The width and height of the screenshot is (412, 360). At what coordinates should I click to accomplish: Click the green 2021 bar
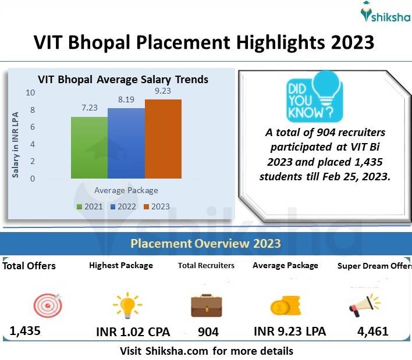89,147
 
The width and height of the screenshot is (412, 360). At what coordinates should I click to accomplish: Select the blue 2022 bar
126,143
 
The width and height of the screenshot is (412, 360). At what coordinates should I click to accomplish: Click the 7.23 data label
89,108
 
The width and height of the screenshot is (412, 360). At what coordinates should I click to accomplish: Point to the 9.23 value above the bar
163,91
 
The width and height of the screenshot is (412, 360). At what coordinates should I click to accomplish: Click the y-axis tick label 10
30,92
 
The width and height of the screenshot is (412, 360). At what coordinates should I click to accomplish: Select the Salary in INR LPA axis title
16,137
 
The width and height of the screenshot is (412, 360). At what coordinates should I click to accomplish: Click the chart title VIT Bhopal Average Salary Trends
123,79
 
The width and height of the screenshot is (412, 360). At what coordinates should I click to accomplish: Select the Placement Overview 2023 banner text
205,243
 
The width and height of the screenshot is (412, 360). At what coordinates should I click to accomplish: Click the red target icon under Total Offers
47,304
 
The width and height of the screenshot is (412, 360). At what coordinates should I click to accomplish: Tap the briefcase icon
207,305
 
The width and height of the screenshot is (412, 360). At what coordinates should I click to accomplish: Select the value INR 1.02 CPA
133,332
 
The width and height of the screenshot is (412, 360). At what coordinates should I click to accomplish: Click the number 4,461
372,332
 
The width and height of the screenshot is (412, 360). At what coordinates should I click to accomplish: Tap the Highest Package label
121,265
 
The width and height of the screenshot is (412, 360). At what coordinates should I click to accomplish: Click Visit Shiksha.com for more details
207,351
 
